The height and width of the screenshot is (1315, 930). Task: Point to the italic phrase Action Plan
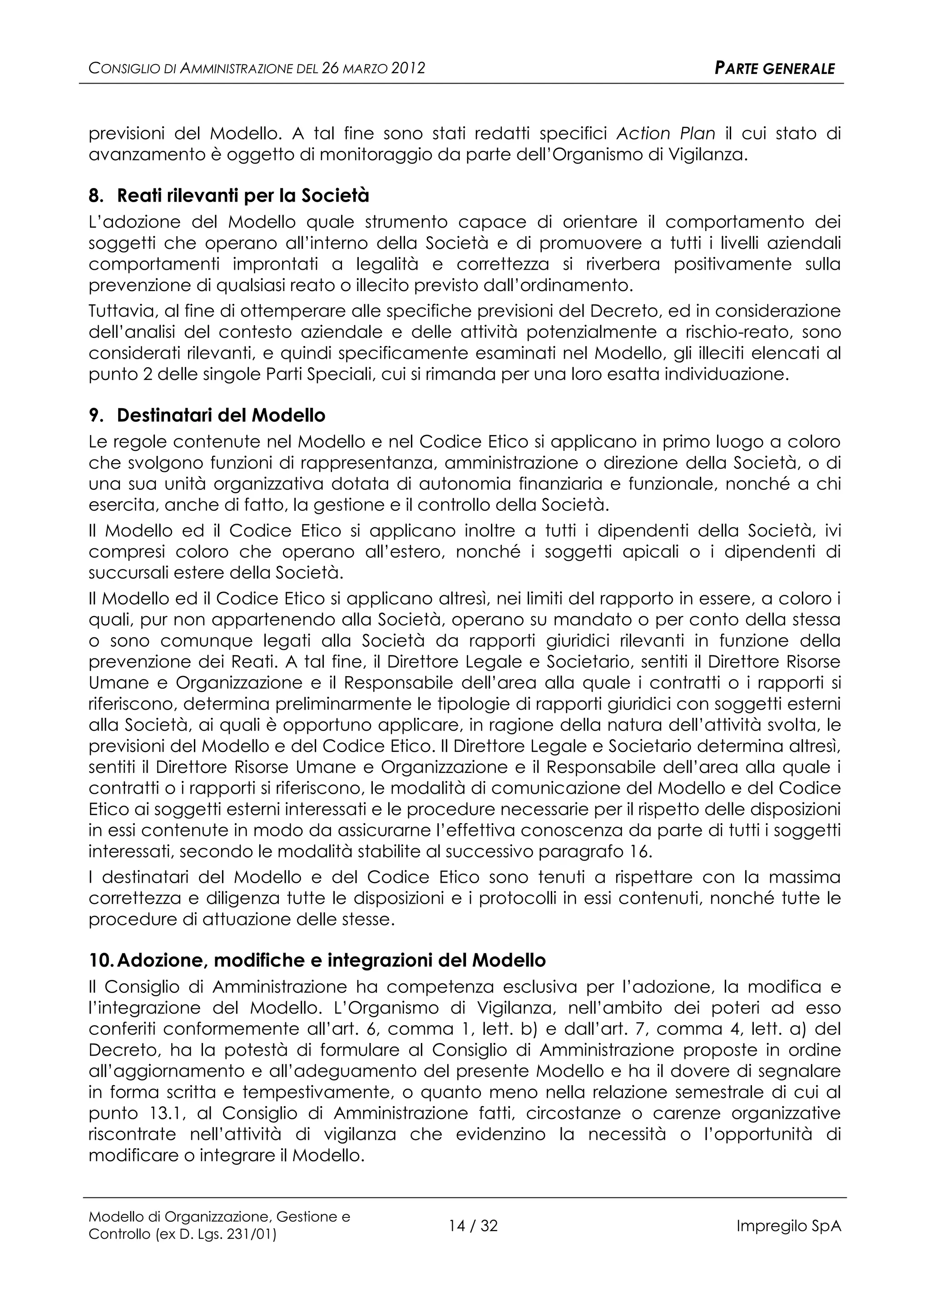point(665,133)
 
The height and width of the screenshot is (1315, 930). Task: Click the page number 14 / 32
point(473,1226)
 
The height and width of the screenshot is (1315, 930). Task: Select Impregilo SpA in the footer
point(789,1226)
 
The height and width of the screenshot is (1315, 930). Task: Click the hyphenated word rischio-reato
point(722,332)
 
